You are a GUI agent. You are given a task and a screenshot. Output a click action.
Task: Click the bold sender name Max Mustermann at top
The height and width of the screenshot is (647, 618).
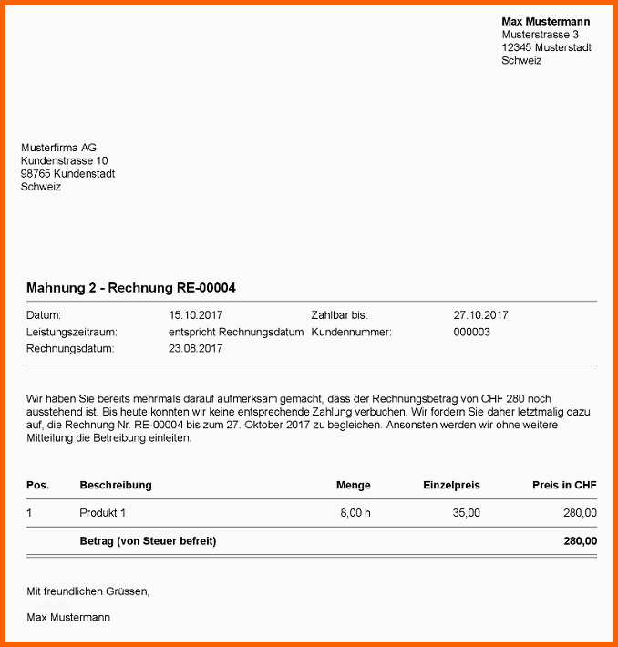(545, 21)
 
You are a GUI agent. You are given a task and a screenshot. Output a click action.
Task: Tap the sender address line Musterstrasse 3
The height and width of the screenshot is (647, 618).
(540, 35)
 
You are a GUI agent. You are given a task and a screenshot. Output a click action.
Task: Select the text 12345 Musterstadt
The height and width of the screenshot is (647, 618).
(546, 47)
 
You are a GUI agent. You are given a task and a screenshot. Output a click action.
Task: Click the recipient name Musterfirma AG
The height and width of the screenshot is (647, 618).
(58, 148)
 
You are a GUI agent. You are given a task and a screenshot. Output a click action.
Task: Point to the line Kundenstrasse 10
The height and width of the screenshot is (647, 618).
(64, 160)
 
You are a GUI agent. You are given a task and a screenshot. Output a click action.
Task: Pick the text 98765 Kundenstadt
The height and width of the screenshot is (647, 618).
(67, 173)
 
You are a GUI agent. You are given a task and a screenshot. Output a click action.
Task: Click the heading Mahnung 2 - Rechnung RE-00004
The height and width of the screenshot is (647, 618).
(131, 288)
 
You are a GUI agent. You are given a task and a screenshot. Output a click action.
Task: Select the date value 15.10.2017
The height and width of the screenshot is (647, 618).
(196, 315)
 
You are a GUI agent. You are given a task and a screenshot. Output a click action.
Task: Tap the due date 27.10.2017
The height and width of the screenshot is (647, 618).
(480, 315)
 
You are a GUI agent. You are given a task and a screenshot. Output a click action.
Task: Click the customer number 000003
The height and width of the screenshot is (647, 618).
(471, 332)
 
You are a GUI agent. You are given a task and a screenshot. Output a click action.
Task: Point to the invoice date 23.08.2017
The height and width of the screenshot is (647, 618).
(196, 348)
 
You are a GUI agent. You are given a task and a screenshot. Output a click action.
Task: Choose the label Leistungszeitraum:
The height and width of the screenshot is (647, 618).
(72, 332)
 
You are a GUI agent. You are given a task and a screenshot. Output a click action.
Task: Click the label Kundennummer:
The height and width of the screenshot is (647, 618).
(351, 332)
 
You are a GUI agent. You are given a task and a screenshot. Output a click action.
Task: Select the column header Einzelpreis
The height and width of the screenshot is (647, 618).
(451, 485)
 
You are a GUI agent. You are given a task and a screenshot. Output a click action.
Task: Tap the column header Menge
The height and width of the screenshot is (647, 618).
(353, 485)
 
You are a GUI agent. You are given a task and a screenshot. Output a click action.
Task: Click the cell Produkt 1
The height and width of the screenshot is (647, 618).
(103, 513)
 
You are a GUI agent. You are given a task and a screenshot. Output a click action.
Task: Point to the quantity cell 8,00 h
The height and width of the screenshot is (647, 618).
(355, 513)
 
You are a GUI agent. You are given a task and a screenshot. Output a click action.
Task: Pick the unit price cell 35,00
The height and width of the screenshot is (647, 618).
(466, 513)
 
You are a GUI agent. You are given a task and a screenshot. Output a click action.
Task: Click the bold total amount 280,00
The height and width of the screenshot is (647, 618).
(580, 540)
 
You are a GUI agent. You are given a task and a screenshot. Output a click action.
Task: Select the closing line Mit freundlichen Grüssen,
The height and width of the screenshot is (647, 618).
(88, 591)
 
